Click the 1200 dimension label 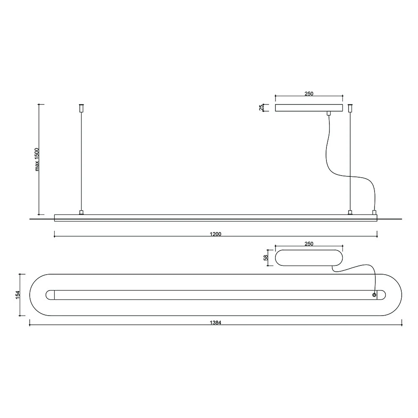[x=216, y=234]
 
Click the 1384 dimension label [x=216, y=322]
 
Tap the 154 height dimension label [x=18, y=295]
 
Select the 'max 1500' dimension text [x=37, y=159]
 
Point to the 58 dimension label [x=265, y=257]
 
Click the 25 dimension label [x=261, y=108]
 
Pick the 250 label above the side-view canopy [x=308, y=94]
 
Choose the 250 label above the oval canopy [x=308, y=243]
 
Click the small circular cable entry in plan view [x=374, y=295]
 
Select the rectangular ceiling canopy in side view [x=308, y=108]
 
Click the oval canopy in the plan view [x=308, y=257]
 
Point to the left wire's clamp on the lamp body [x=81, y=212]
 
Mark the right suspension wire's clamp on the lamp [x=350, y=212]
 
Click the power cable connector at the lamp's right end [x=374, y=212]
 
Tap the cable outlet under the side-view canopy [x=329, y=113]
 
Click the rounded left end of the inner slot [x=49, y=295]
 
